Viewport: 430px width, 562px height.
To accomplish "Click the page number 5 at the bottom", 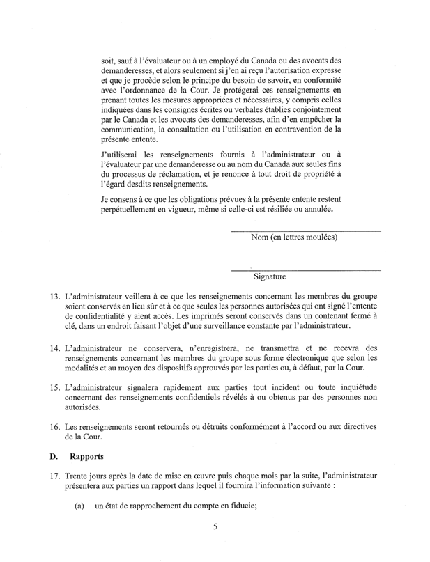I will click(216, 526).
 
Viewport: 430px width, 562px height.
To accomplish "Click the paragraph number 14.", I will click(55, 347).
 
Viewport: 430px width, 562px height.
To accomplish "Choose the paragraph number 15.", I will click(55, 386).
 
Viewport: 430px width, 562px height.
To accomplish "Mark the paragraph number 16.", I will click(55, 425).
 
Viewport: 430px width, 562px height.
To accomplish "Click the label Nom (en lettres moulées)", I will click(294, 237).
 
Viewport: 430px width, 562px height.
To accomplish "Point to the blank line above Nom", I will click(306, 231).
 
